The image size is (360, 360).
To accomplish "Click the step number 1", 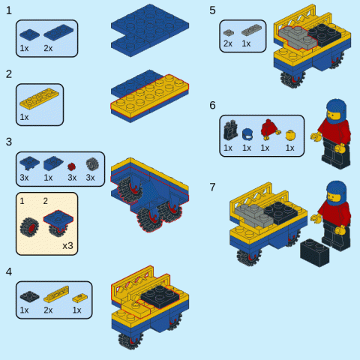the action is pos(9,10).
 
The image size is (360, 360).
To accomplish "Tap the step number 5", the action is pos(212,10).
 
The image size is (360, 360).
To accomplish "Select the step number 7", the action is pos(212,187).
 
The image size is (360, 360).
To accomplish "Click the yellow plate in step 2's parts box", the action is pos(39,99).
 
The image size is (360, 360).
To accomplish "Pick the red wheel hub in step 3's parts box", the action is pos(71,166).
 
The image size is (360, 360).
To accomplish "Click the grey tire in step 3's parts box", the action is pos(92,164).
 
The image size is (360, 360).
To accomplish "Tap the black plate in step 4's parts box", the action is pos(29,296).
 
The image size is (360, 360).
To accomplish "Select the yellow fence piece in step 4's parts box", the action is pos(56,294).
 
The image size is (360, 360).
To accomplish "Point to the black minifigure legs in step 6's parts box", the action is pos(230,130).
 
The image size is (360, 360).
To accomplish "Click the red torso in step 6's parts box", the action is pos(269,129).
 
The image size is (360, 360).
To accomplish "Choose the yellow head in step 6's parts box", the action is pos(290,135).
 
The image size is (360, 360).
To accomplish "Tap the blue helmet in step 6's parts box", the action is pos(247,134).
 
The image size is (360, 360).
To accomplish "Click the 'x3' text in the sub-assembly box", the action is pos(67,246).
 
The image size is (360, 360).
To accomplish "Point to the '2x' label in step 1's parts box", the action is pos(48,48).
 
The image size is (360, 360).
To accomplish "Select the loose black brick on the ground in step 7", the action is pos(315,253).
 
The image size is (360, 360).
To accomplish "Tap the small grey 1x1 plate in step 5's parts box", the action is pos(229,32).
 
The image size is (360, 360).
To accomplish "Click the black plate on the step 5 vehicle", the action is pos(325,34).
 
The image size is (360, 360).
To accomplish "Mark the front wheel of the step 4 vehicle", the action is pos(130,340).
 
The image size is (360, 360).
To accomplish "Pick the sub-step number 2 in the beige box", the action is pos(45,201).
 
